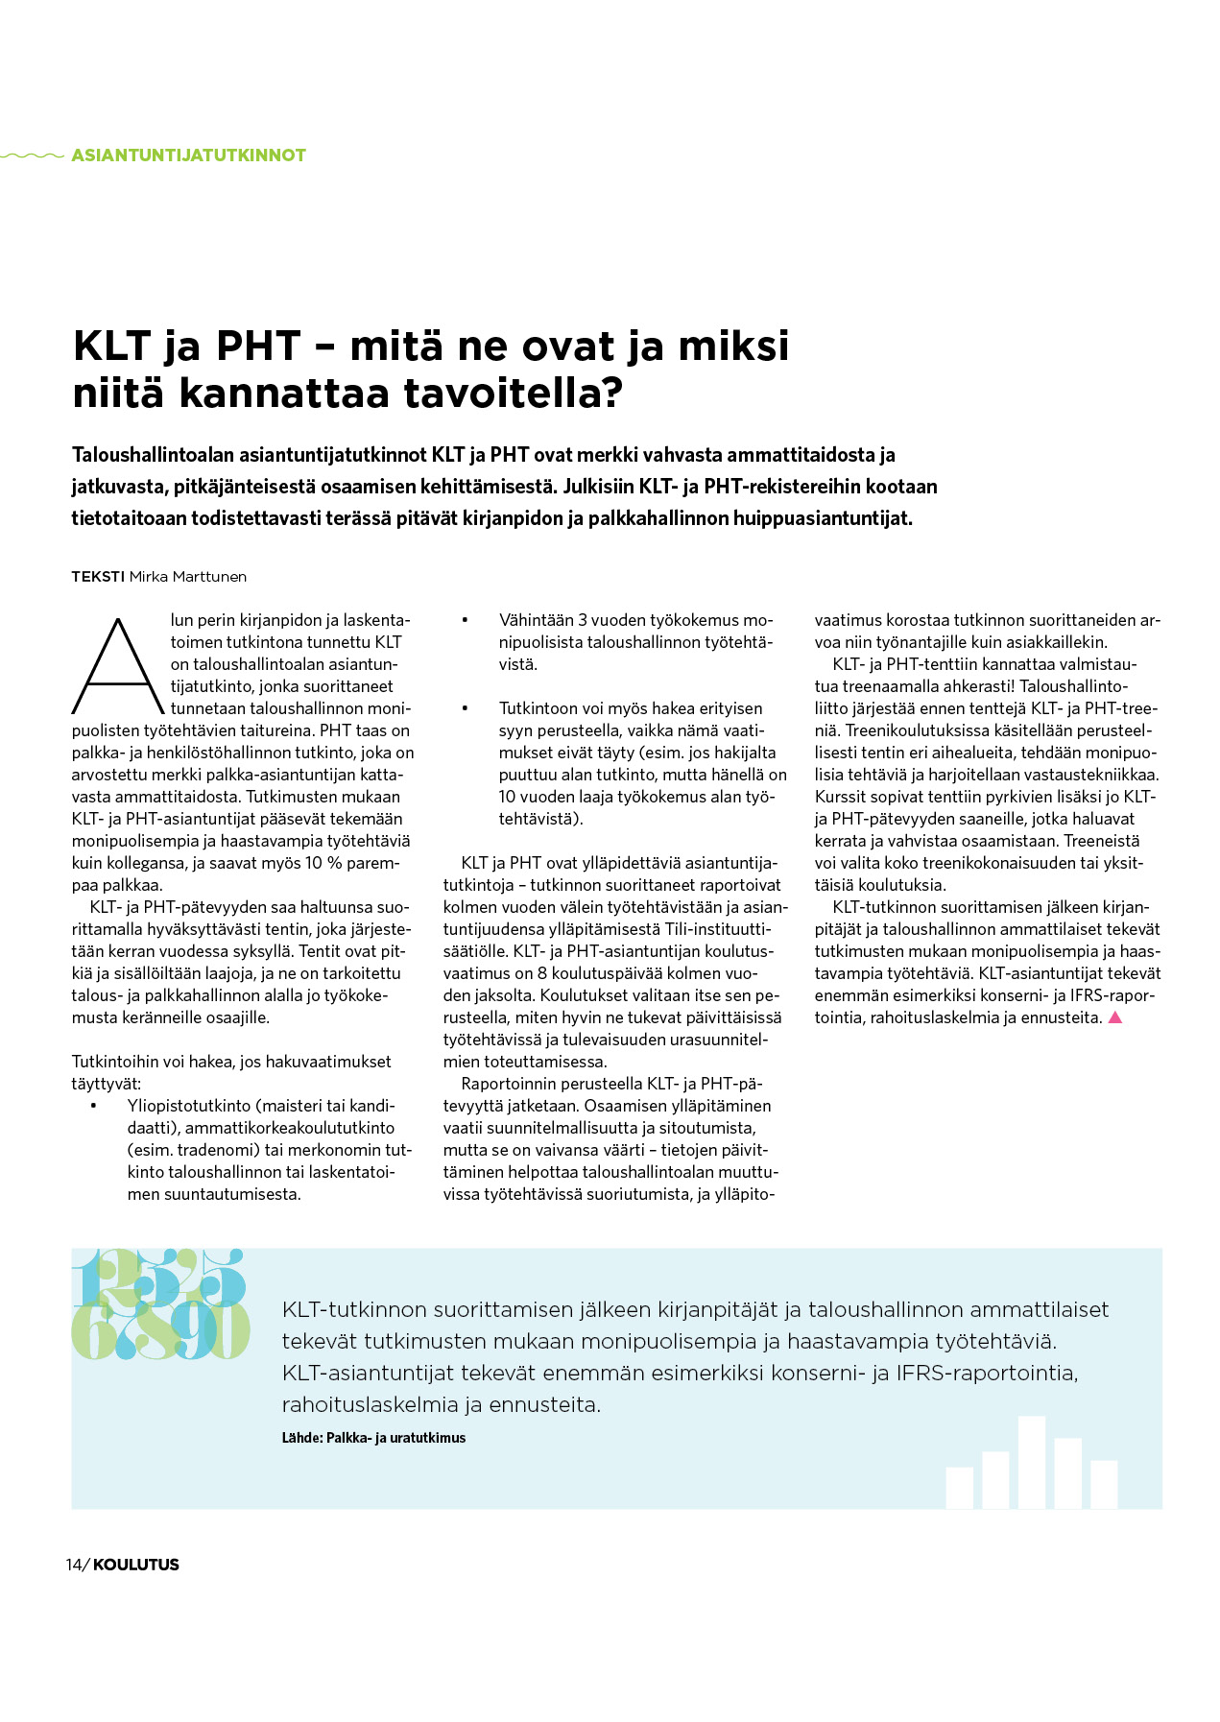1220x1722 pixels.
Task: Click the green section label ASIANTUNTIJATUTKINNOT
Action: coord(188,155)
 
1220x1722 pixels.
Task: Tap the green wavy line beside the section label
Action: coord(33,155)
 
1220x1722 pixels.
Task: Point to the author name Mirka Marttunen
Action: coord(188,577)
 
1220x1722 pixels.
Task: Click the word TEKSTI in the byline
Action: coord(97,577)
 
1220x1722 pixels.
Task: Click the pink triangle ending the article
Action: coord(1115,1017)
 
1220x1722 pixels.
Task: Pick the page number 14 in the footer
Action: coord(74,1565)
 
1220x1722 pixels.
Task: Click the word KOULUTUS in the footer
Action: coord(136,1565)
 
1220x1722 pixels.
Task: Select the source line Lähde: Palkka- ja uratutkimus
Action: coord(373,1438)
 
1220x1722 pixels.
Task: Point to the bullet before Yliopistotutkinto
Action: coord(94,1107)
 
